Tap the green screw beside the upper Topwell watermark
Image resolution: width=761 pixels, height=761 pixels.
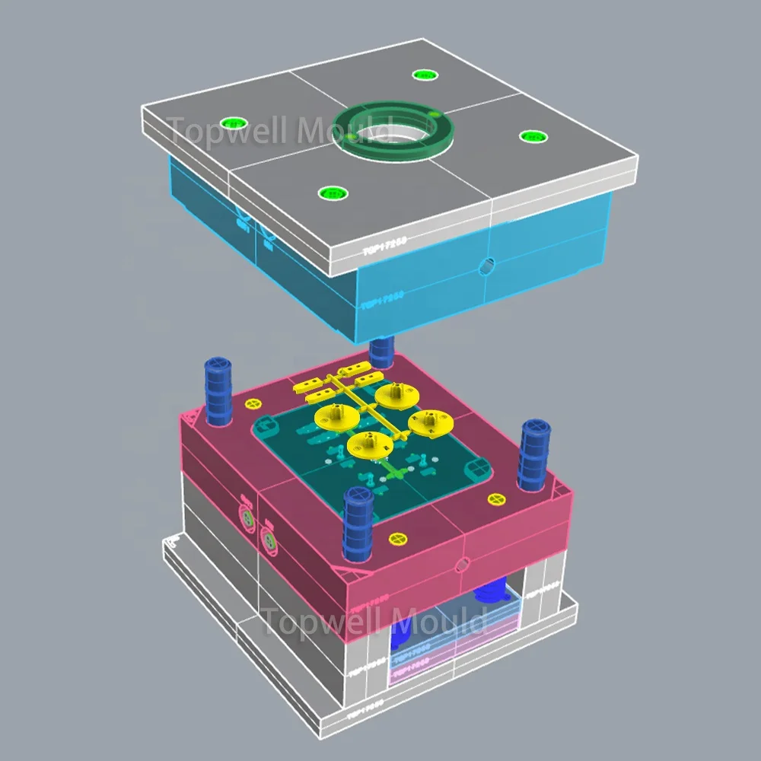(232, 123)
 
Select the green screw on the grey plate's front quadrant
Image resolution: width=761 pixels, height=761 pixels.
(329, 193)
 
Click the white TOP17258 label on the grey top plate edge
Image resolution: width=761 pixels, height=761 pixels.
(384, 245)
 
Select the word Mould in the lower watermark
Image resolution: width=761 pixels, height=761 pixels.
(439, 621)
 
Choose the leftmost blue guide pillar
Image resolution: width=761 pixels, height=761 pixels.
(217, 388)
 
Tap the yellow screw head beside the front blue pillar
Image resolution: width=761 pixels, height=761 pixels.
(396, 539)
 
